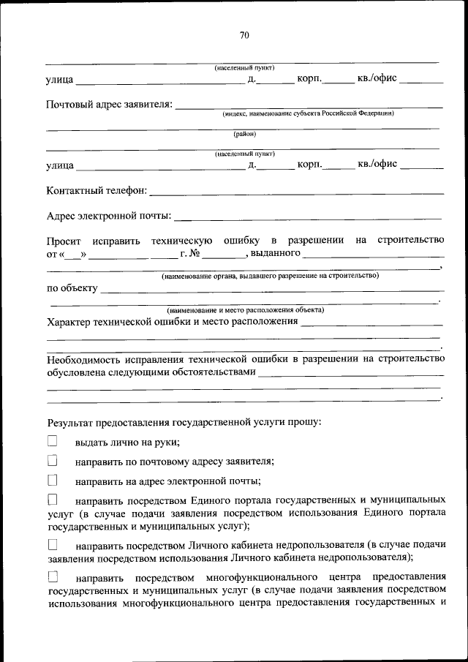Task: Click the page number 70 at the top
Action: click(x=244, y=34)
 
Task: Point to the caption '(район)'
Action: click(x=244, y=134)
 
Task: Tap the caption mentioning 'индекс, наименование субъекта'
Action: click(x=308, y=113)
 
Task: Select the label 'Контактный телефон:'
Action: click(x=97, y=191)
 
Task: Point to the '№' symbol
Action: click(x=195, y=253)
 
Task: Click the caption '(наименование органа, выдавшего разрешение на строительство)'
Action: click(x=270, y=276)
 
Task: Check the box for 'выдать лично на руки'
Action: click(x=52, y=441)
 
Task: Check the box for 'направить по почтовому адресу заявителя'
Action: click(x=52, y=461)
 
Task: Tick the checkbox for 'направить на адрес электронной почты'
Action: click(x=52, y=481)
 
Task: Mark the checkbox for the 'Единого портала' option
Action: click(x=52, y=500)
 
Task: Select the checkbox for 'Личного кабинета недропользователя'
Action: click(x=52, y=545)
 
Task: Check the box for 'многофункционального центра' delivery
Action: click(x=52, y=576)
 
